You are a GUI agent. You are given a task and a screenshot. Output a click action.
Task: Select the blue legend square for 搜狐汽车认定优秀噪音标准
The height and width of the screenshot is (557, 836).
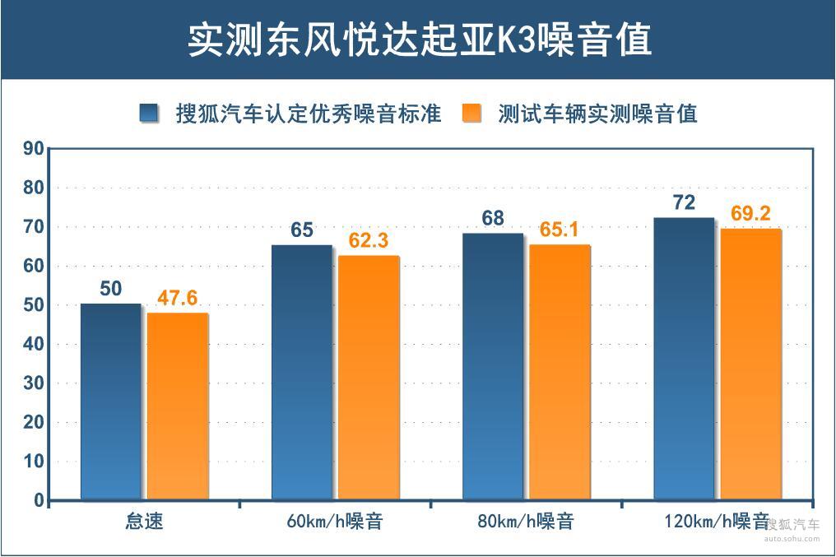pyautogui.click(x=149, y=114)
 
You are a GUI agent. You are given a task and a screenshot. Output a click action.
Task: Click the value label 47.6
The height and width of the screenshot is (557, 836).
pyautogui.click(x=178, y=298)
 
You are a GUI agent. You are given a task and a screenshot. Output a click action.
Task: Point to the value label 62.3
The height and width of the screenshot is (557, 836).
pyautogui.click(x=368, y=241)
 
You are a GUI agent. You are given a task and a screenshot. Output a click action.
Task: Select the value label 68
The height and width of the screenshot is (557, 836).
pyautogui.click(x=493, y=219)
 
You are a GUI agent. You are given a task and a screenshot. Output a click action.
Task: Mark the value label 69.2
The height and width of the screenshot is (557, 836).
pyautogui.click(x=750, y=214)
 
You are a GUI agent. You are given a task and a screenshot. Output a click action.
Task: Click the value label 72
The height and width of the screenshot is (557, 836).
pyautogui.click(x=684, y=202)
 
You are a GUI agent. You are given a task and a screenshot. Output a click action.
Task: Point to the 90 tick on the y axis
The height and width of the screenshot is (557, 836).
pyautogui.click(x=33, y=149)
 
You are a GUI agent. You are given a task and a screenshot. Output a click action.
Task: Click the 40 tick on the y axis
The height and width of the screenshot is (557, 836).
pyautogui.click(x=33, y=345)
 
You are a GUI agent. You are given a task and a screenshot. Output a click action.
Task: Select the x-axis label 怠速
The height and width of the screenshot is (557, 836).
pyautogui.click(x=145, y=522)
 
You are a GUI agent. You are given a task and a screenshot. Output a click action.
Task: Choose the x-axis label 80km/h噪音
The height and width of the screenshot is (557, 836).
pyautogui.click(x=525, y=522)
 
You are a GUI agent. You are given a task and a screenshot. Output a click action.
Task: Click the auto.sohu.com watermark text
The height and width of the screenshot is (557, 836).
pyautogui.click(x=792, y=540)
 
